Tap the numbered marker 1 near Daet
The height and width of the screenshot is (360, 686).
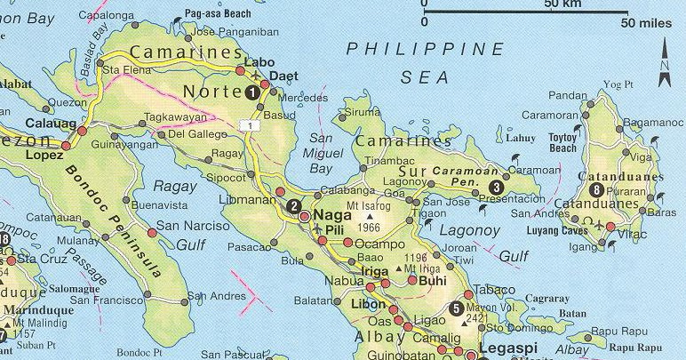252,92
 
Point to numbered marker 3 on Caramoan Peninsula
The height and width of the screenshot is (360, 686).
496,188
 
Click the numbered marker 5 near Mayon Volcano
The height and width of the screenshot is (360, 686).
456,308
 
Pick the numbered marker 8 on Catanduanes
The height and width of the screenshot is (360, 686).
595,189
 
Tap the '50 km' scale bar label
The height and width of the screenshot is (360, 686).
562,5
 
